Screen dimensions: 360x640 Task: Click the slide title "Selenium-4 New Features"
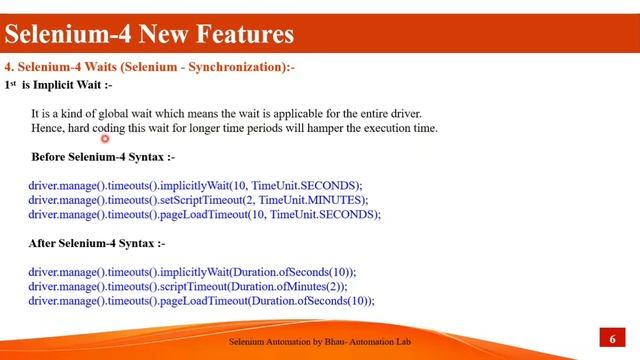point(149,35)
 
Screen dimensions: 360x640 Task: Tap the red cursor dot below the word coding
point(104,140)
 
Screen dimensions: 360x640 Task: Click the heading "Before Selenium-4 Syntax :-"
point(103,157)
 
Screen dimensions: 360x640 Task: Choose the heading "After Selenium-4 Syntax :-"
point(98,243)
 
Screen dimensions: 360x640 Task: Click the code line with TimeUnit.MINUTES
point(198,200)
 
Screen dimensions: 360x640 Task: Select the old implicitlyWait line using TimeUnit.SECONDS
point(195,186)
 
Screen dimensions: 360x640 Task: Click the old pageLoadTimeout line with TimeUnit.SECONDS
point(204,214)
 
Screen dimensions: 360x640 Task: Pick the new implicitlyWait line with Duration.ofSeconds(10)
point(192,272)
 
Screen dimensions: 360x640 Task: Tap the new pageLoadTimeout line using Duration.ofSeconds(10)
point(201,300)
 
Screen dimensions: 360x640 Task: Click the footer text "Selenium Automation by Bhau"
point(290,342)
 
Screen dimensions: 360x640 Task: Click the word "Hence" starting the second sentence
point(47,128)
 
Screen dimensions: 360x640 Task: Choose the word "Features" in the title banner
point(237,35)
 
